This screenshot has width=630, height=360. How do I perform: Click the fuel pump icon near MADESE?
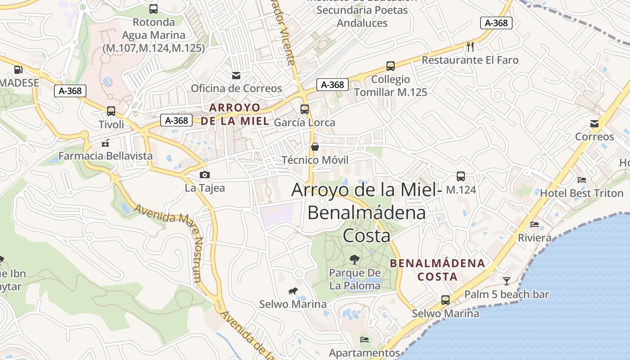tap(18, 70)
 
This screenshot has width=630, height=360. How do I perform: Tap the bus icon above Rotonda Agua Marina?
tap(153, 9)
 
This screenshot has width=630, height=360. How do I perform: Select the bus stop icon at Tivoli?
tap(111, 111)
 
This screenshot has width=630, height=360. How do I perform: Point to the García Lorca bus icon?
tap(305, 109)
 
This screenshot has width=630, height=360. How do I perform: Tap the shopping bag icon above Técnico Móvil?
tap(315, 147)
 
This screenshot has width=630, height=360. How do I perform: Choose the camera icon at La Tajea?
tap(205, 175)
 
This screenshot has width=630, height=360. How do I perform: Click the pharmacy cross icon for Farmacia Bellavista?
tap(105, 144)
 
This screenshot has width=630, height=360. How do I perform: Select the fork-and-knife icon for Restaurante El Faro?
tap(470, 46)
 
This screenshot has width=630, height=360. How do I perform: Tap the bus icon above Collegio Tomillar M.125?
tap(391, 66)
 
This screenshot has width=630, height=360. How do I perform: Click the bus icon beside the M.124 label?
tap(460, 176)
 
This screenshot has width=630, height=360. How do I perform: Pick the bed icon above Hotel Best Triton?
tap(581, 180)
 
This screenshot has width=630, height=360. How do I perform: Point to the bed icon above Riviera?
tap(535, 224)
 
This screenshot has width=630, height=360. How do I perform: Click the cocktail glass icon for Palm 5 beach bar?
tap(507, 281)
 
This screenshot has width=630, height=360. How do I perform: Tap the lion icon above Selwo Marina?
tap(293, 291)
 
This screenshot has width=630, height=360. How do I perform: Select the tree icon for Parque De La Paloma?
tap(355, 259)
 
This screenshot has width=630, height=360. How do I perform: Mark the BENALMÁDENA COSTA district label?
tap(437, 270)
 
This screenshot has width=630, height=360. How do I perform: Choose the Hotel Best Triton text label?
tap(581, 193)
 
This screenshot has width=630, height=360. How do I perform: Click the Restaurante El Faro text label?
tap(470, 60)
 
